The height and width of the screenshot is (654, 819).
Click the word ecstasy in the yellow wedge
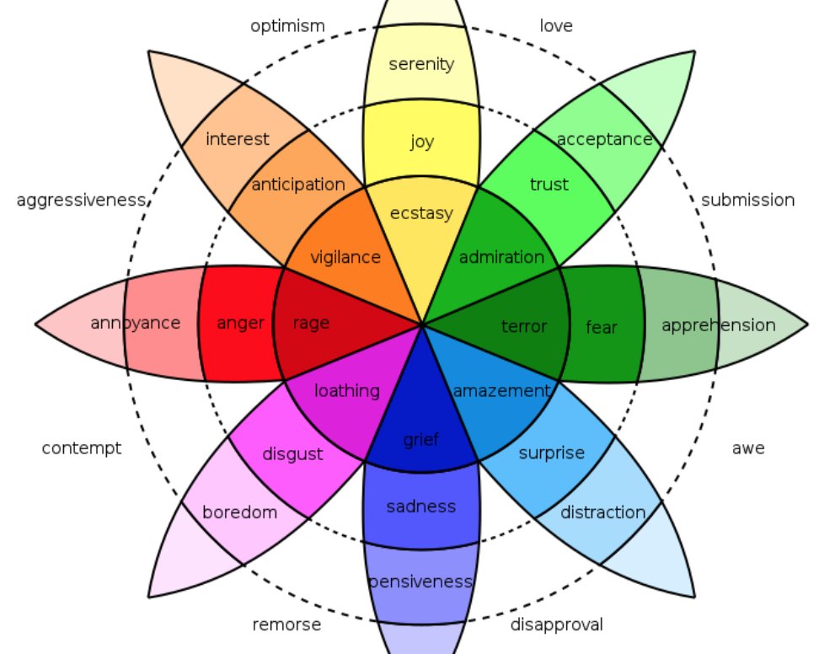click(x=421, y=213)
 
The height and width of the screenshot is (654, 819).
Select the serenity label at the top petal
click(x=421, y=64)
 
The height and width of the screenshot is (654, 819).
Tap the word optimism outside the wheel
click(x=287, y=26)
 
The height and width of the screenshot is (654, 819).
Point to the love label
click(x=556, y=26)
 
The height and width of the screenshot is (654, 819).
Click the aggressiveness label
click(x=82, y=201)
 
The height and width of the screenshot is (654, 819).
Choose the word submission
click(x=747, y=200)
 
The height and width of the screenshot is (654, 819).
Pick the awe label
click(x=748, y=448)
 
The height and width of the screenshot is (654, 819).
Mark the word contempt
click(x=82, y=448)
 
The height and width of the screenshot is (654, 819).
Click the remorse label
click(x=286, y=625)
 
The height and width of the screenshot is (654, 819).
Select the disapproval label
click(x=556, y=625)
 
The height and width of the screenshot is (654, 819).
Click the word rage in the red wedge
click(x=311, y=323)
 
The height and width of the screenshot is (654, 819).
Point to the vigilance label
click(x=345, y=257)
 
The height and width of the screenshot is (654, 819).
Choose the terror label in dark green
click(x=524, y=326)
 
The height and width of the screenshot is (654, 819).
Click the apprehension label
click(x=718, y=324)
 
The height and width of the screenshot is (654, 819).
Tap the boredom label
click(x=239, y=512)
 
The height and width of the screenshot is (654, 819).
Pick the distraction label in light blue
click(x=602, y=512)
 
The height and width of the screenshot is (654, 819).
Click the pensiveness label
click(x=420, y=582)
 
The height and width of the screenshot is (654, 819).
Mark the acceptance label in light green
click(x=605, y=139)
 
